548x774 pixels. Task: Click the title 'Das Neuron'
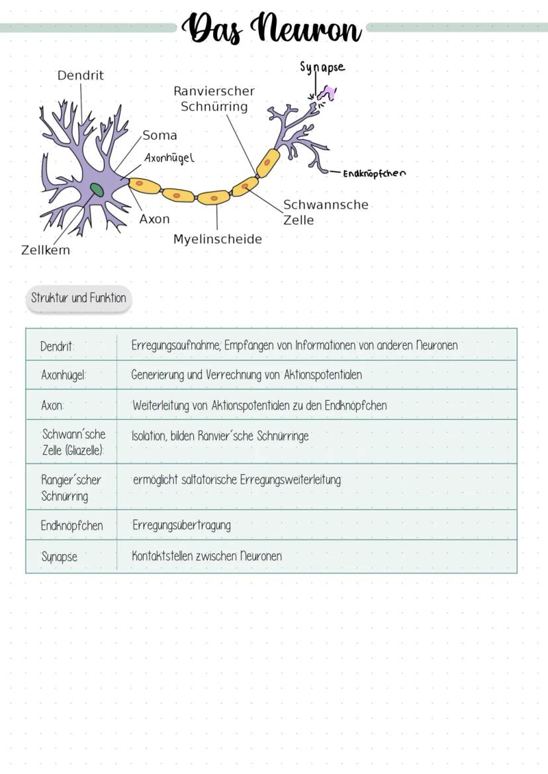272,28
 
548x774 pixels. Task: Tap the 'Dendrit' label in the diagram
80,75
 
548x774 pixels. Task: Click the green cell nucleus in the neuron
97,189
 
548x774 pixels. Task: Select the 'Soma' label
160,135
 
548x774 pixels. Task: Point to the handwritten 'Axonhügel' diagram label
169,158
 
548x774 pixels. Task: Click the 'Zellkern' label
46,250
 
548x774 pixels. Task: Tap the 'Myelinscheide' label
218,240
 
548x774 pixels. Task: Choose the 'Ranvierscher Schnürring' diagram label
214,99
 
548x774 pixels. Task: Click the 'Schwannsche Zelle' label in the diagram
326,213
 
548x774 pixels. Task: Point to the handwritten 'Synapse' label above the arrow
322,67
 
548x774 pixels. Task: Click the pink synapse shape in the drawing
328,92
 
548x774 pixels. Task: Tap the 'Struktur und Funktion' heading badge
78,298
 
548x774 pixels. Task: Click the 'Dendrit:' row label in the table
57,346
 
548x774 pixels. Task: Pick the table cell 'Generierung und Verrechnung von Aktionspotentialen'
247,375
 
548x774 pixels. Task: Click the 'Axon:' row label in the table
52,406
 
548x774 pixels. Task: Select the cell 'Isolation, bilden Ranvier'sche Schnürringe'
220,436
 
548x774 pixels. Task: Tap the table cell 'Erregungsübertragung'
181,525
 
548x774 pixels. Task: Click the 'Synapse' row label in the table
59,557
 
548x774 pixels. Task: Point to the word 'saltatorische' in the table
206,480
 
